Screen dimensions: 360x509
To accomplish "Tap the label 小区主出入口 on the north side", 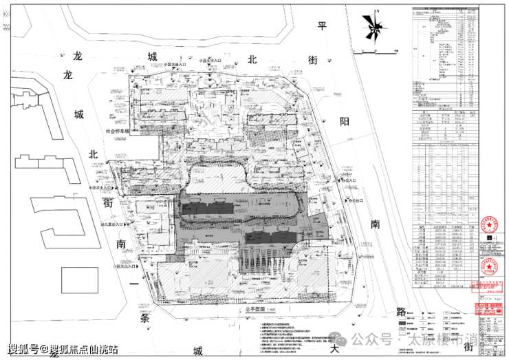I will pyautogui.click(x=210, y=61).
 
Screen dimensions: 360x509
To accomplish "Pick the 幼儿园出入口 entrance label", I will pyautogui.click(x=111, y=224).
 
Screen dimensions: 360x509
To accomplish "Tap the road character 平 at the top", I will pyautogui.click(x=321, y=25).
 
